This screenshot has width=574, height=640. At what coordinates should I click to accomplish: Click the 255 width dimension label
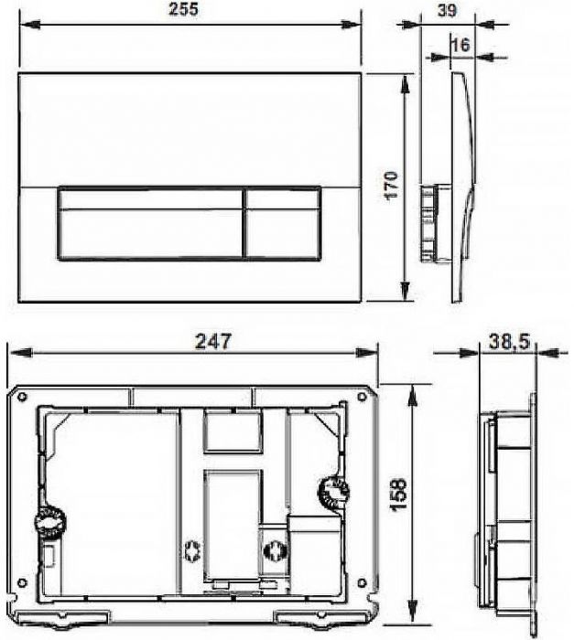coord(184,9)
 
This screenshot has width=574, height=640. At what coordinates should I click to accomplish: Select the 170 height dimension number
coord(392,185)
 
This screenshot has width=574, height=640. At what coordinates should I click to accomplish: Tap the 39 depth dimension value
coord(447,11)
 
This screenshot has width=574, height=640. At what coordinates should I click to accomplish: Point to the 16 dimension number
coord(461,45)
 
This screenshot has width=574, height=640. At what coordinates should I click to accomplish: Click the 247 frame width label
coord(212,342)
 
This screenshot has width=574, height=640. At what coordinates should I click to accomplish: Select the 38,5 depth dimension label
coord(509,341)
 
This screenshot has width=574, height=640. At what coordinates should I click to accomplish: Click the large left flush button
coord(150,223)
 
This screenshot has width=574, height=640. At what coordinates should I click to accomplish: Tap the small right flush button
coord(283,223)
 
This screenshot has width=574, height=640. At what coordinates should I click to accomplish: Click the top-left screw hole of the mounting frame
coord(23,396)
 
